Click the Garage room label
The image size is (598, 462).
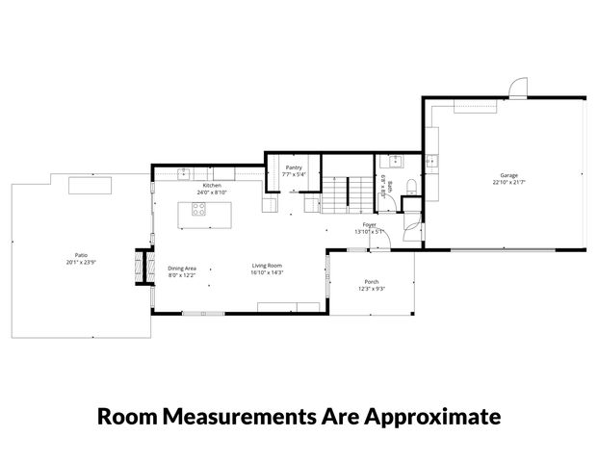[x=507, y=175]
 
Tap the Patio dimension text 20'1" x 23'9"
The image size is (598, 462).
[x=82, y=263]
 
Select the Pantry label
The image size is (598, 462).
[x=295, y=167]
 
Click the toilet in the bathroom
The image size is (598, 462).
[x=411, y=187]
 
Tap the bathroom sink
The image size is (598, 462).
[x=396, y=160]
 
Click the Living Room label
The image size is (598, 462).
[x=267, y=266]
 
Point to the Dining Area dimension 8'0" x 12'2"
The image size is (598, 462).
[x=182, y=275]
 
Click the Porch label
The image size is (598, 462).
[x=371, y=282]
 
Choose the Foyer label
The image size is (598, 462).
[x=369, y=224]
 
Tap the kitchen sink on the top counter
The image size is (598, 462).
[x=183, y=173]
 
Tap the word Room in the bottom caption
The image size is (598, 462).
[x=127, y=417]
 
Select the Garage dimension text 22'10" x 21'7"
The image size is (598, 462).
[x=507, y=182]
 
